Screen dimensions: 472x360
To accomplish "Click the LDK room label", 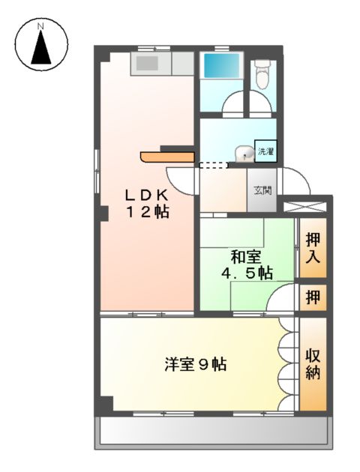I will (x=147, y=194).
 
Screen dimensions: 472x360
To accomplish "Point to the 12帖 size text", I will (x=147, y=212).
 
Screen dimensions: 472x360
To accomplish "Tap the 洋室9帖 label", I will (x=196, y=366).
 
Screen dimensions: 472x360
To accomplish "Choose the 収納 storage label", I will (x=313, y=363).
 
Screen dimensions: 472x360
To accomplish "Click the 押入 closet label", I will (x=313, y=249).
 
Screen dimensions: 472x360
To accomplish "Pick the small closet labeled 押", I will (x=313, y=297).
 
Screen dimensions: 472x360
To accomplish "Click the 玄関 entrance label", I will (x=262, y=191).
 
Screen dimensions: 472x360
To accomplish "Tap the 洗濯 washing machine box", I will (x=266, y=151).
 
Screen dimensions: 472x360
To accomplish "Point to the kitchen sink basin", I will (x=147, y=64).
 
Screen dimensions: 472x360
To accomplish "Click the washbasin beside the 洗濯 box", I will (x=242, y=153).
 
